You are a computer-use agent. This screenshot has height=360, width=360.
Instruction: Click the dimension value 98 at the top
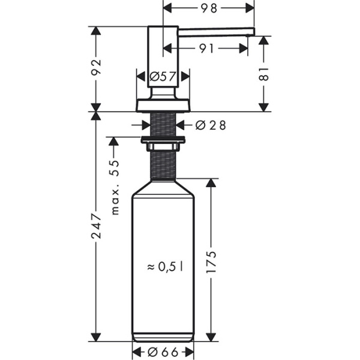[209, 8]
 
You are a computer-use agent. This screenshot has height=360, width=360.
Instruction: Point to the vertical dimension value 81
[264, 73]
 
